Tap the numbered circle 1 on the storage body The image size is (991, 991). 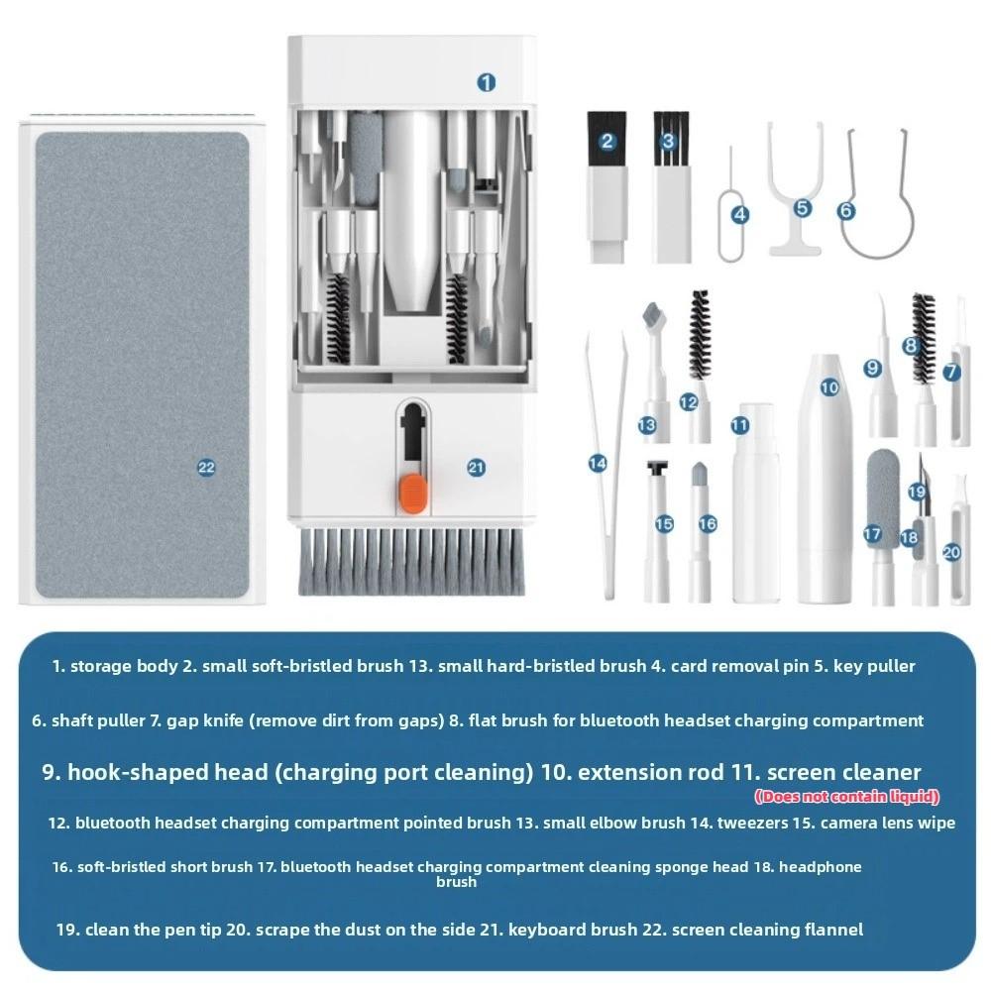click(x=486, y=82)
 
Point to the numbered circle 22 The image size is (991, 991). click(x=206, y=468)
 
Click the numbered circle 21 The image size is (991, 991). click(x=476, y=468)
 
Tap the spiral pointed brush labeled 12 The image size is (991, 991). click(x=700, y=337)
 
